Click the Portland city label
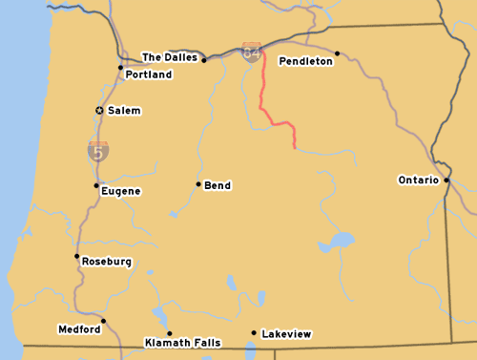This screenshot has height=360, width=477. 149,74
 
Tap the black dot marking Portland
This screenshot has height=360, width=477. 120,68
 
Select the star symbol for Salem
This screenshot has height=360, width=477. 99,111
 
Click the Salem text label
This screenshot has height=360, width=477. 124,111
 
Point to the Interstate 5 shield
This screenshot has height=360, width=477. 97,150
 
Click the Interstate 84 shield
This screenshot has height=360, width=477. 252,52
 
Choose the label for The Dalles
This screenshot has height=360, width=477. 170,57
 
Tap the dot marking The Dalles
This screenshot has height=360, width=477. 203,60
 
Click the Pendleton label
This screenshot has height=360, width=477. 305,61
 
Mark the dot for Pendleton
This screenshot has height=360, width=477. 337,53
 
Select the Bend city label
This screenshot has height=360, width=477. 218,185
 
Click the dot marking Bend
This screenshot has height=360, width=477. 198,184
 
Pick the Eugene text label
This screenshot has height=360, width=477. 121,191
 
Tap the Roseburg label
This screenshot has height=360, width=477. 107,262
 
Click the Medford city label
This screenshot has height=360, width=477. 79,329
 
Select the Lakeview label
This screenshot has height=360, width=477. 286,334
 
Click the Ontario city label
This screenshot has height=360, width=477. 418,180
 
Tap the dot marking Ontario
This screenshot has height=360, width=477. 446,179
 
